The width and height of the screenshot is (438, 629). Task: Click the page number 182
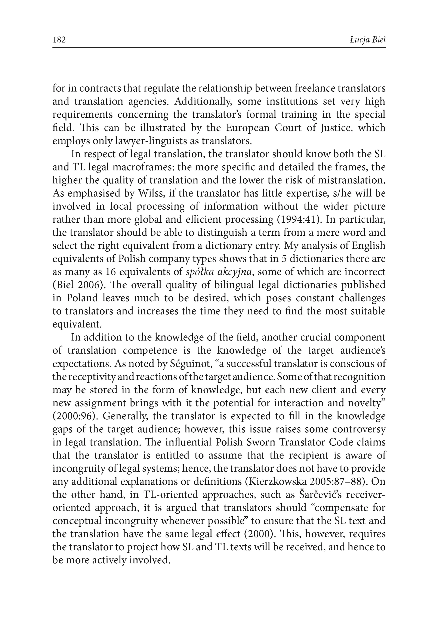point(59,40)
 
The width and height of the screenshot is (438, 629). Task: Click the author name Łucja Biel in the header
point(367,40)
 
